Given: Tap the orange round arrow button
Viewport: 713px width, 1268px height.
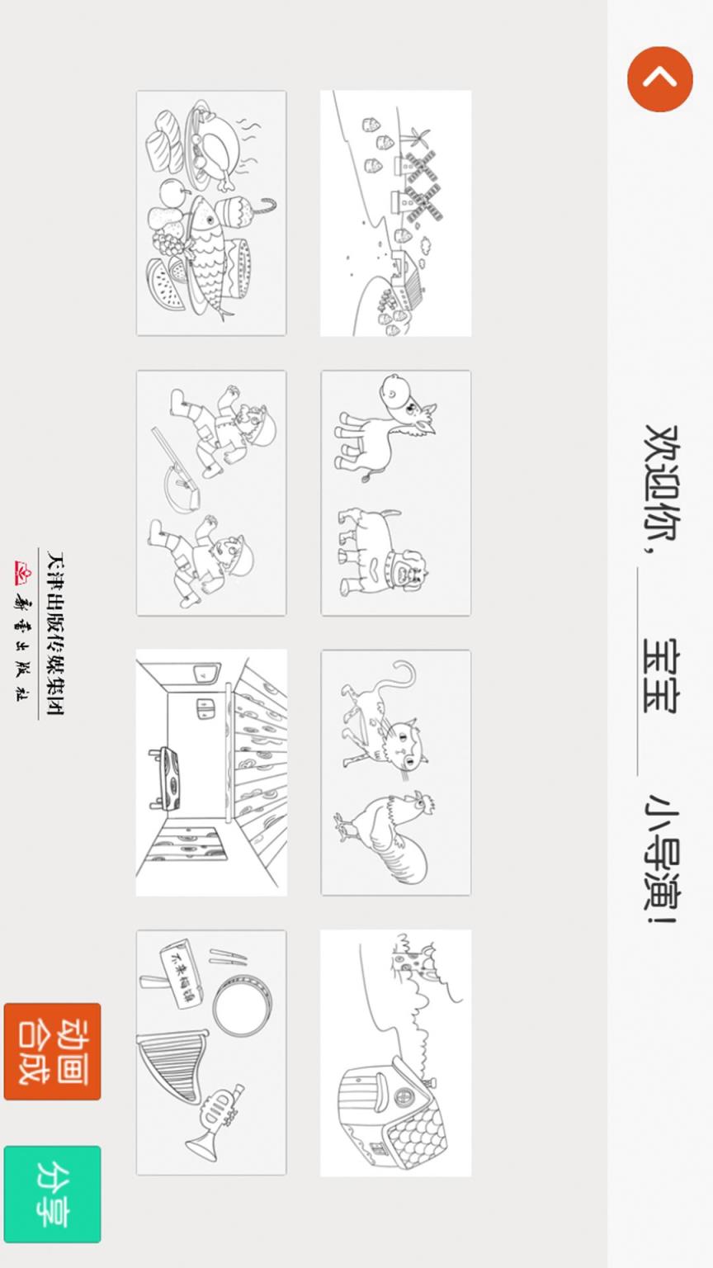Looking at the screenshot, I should (659, 79).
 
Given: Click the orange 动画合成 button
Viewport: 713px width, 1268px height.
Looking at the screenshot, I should (52, 1051).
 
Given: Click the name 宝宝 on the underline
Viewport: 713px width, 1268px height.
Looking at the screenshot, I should (661, 675).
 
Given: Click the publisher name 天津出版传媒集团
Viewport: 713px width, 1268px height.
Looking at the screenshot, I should (54, 633).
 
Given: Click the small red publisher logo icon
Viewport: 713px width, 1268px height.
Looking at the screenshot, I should (22, 572).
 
